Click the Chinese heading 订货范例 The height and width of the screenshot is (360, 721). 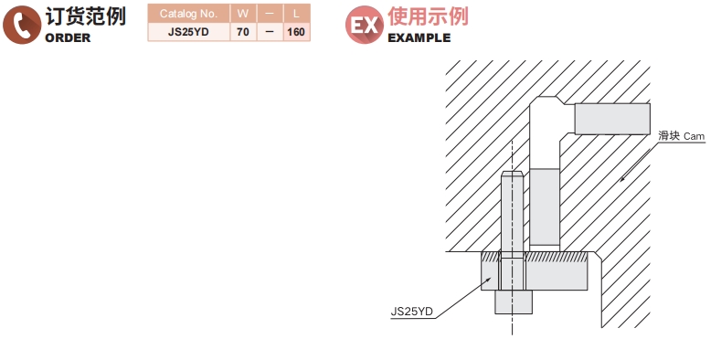[86, 16]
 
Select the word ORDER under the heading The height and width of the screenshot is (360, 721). [68, 38]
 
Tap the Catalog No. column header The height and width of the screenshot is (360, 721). [188, 14]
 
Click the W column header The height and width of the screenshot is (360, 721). [242, 14]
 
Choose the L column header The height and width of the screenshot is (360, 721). [296, 14]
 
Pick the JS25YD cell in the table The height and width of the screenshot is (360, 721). [188, 31]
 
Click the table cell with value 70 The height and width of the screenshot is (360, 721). [242, 31]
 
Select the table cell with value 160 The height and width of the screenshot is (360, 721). [296, 31]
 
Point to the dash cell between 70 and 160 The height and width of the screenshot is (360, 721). [270, 31]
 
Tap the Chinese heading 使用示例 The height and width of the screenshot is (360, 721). [428, 16]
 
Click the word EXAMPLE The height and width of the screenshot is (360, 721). [419, 38]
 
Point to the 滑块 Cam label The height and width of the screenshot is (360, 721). [681, 136]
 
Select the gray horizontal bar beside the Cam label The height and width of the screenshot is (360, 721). [611, 118]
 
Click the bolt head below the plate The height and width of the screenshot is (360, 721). [513, 302]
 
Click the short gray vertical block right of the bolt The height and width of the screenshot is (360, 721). [545, 207]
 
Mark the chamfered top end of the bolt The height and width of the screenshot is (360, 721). [513, 175]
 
